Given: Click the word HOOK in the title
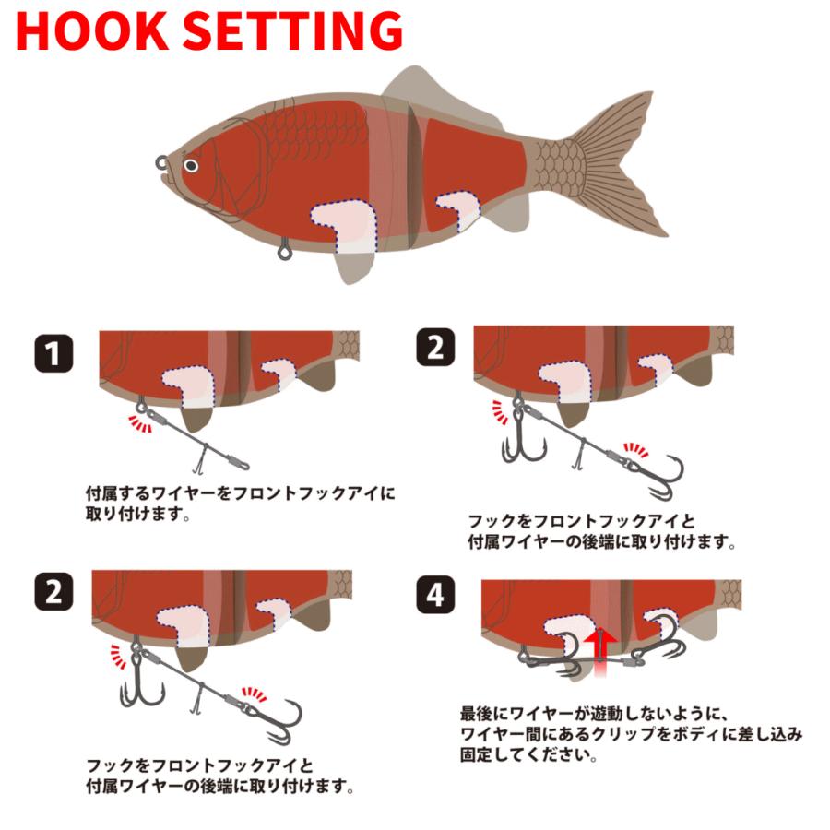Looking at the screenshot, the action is coord(91,30).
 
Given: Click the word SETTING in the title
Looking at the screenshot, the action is coord(292,30).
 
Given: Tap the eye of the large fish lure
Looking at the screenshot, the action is coord(191,166).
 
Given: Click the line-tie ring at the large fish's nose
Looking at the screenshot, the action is coord(162,162).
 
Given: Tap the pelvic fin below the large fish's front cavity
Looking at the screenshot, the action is coord(353,264).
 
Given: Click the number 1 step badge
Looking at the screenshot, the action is coord(54,353).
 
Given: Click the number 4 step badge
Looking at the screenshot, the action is coord(435,595).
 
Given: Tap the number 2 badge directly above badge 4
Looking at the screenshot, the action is coord(435,348).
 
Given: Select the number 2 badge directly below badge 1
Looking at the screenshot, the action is coord(54,592).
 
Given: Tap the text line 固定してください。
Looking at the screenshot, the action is coord(528,754).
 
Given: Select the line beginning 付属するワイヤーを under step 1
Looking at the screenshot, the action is coord(241,494).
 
